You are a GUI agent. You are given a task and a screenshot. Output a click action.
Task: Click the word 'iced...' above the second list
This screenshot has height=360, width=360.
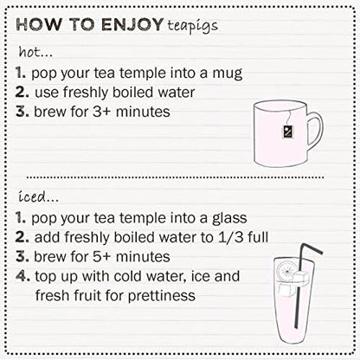point(35,196)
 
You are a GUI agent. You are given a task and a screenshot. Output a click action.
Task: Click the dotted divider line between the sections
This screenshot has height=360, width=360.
point(173,177)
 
